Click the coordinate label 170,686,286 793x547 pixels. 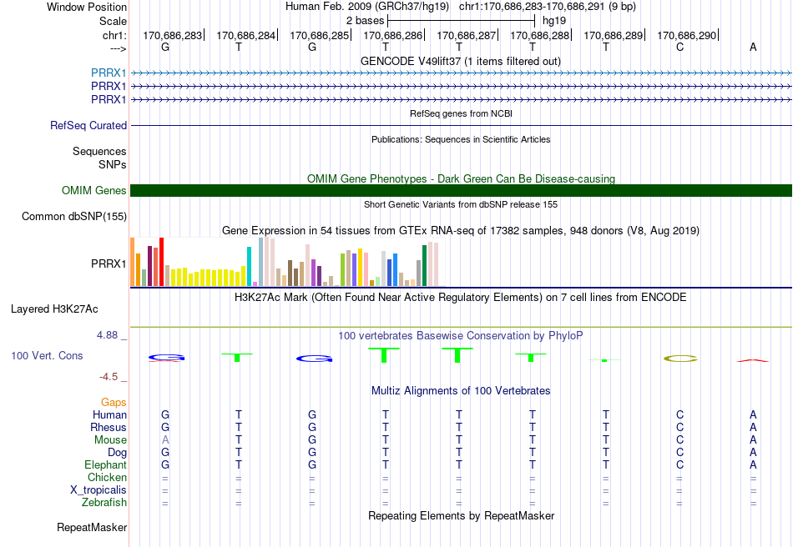[x=392, y=35]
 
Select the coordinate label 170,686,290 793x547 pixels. [x=686, y=35]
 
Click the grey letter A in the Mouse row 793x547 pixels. [x=165, y=440]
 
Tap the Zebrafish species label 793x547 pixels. [x=104, y=503]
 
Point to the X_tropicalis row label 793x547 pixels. [x=98, y=490]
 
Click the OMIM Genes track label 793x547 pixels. [x=94, y=190]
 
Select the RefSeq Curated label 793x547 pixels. [x=88, y=125]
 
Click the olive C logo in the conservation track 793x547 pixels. [x=680, y=359]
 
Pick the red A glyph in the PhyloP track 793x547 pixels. [x=753, y=360]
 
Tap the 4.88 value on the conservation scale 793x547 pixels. [x=107, y=335]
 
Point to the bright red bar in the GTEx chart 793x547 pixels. [x=161, y=262]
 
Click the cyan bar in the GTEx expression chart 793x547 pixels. [x=249, y=267]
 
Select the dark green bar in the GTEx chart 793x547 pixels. [x=424, y=266]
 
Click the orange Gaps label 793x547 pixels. [x=114, y=402]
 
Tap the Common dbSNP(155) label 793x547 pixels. [x=74, y=216]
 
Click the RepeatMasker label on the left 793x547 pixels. [x=92, y=527]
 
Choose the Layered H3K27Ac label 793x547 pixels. [x=54, y=309]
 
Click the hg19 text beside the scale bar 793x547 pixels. [x=554, y=21]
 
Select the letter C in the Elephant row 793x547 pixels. [x=679, y=464]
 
